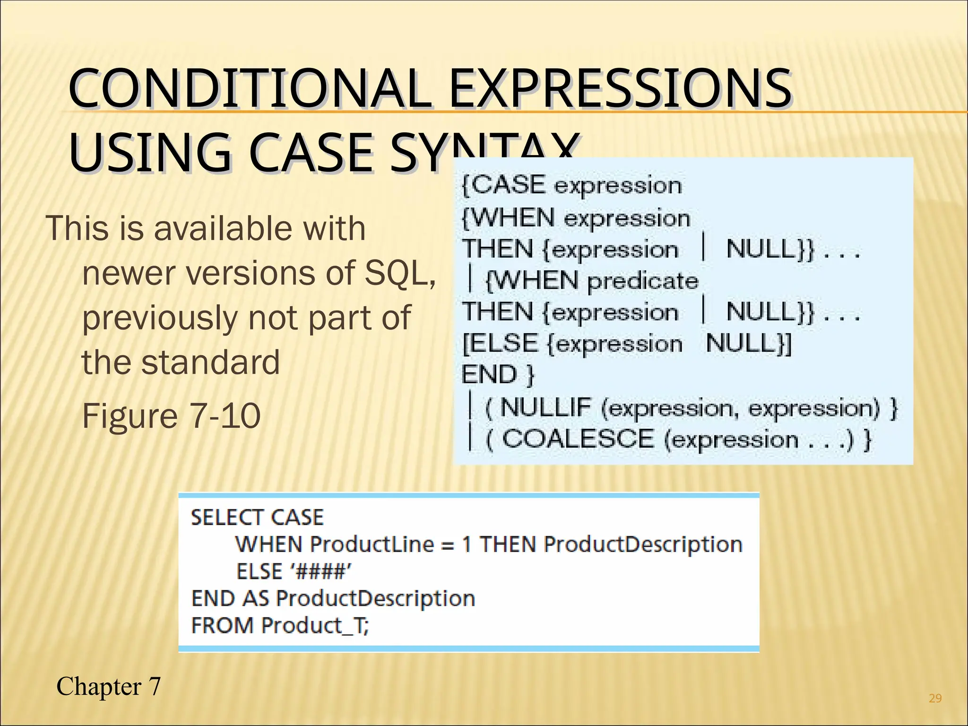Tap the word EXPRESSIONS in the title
pos(620,88)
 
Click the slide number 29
pos(935,698)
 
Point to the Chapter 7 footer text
pos(109,686)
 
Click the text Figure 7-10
pos(171,416)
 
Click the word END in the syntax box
pos(489,375)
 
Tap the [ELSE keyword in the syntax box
pos(500,344)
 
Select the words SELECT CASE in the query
pos(257,517)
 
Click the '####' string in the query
pos(321,571)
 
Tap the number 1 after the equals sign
pos(467,544)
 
